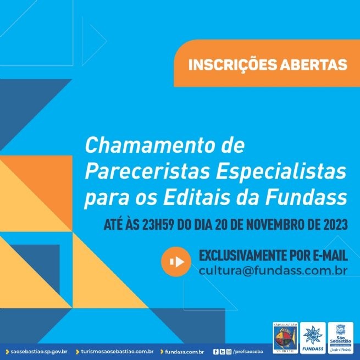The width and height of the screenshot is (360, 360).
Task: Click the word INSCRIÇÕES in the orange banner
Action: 226,65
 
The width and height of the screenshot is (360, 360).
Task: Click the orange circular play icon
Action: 176,262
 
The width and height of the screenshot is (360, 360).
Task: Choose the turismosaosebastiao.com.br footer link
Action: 117,351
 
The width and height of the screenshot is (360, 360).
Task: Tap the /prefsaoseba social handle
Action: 247,351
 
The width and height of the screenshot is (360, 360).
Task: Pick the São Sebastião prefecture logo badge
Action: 340,336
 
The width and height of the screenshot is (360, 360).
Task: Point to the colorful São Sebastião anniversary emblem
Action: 285,336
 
